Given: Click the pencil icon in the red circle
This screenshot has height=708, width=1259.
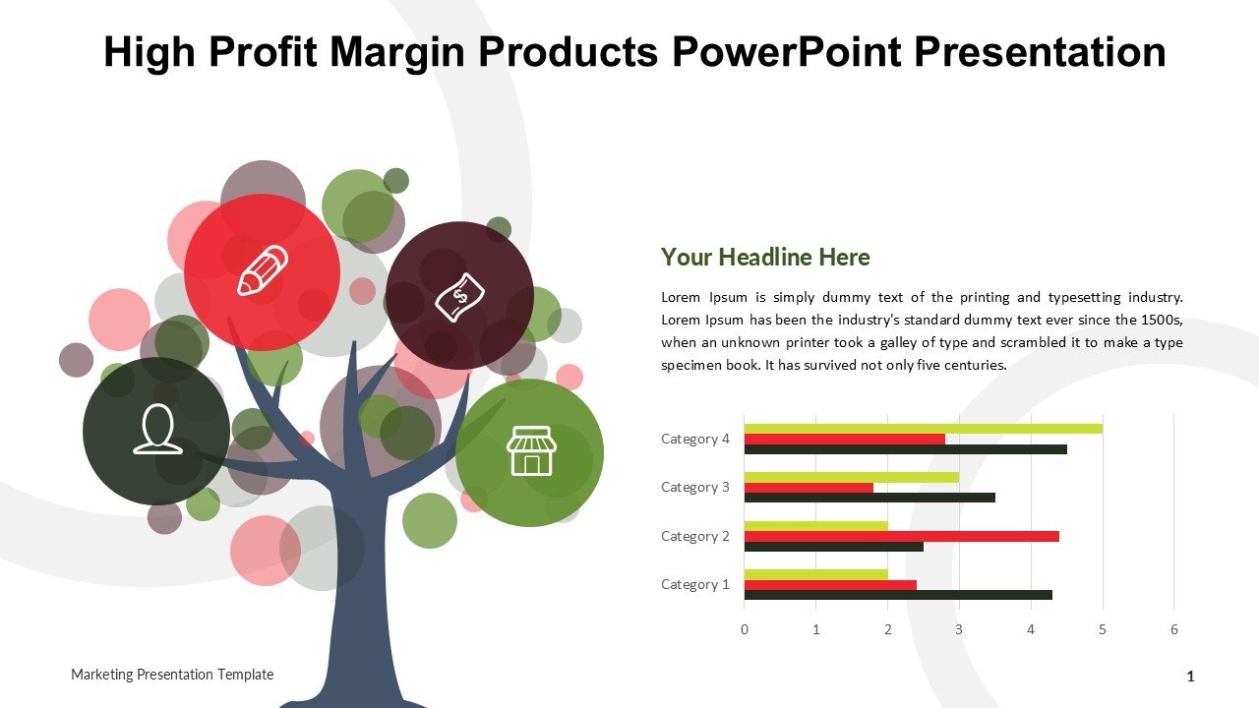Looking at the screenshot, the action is (x=263, y=270).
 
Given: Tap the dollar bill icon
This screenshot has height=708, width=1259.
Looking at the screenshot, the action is (x=459, y=297).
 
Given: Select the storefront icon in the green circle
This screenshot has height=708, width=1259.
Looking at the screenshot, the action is (x=531, y=450).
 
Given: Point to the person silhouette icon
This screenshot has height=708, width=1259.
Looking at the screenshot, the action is (x=157, y=429).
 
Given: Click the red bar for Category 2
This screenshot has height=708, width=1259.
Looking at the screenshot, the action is (x=902, y=536).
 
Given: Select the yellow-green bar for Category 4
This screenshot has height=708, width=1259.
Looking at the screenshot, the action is (x=924, y=429).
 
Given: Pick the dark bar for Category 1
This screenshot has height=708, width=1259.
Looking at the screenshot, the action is (x=898, y=595).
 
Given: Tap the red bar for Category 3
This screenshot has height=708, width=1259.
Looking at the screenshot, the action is (x=809, y=488).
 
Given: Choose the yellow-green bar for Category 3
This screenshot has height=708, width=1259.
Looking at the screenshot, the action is (x=852, y=478).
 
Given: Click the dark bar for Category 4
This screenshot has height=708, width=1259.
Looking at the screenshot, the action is (x=906, y=449).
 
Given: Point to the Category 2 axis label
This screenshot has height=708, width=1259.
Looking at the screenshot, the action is (x=694, y=536).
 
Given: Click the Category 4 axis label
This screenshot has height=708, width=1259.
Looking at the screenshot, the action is (x=694, y=439).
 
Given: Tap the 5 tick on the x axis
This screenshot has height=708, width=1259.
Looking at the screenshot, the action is (x=1103, y=630).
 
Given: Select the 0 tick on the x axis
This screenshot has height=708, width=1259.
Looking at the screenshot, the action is (x=745, y=630).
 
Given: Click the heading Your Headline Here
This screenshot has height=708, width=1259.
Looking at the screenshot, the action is (x=765, y=257).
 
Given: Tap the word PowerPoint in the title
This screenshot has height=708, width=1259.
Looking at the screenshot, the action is (x=788, y=52).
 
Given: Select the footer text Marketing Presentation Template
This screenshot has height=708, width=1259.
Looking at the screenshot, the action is (x=172, y=675).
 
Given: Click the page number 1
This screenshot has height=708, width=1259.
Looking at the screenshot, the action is (x=1190, y=677).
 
